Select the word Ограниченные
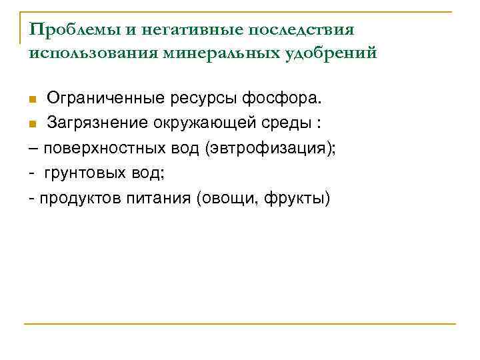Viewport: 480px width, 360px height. pyautogui.click(x=108, y=99)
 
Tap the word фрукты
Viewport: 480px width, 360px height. pyautogui.click(x=295, y=198)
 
